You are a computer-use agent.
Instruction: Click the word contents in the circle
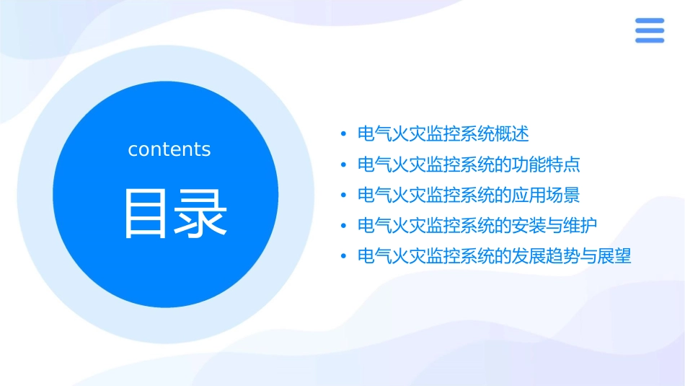click(x=169, y=149)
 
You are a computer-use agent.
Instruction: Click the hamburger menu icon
click(x=649, y=30)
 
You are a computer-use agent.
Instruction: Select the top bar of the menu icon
click(x=649, y=21)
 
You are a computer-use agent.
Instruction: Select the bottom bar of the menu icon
click(x=649, y=40)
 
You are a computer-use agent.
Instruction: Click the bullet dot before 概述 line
click(x=343, y=134)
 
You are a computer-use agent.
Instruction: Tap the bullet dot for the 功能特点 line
click(x=343, y=165)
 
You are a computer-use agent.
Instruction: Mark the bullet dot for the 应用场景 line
click(x=343, y=195)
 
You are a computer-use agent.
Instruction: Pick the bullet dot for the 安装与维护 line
click(x=343, y=226)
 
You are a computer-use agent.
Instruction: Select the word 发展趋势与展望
click(x=571, y=256)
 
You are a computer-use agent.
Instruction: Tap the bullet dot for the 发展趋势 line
click(x=343, y=256)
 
